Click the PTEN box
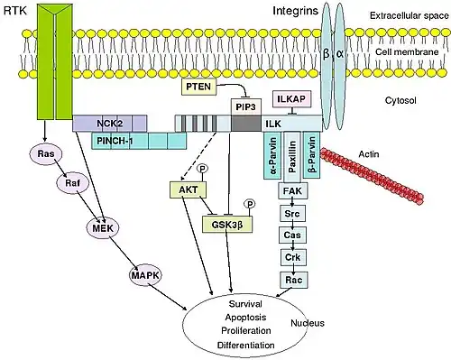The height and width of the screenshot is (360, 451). (198, 87)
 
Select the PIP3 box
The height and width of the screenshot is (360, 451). (246, 107)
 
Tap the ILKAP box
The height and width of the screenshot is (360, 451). (291, 98)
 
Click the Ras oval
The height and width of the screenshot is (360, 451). (46, 154)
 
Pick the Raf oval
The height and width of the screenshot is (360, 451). (73, 183)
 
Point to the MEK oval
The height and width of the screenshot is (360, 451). (103, 228)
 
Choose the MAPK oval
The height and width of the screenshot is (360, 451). (145, 275)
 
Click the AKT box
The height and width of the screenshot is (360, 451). (189, 189)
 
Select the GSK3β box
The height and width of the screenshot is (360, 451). (227, 224)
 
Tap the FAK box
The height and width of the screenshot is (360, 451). (293, 190)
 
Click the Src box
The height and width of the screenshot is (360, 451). (292, 214)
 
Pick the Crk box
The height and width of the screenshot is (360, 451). (293, 257)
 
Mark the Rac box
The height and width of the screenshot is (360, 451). (294, 280)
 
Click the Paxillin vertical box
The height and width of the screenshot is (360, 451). (292, 156)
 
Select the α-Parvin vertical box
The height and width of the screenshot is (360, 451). (272, 155)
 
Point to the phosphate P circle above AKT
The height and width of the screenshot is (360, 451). (202, 169)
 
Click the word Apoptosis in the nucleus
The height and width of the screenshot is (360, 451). (245, 318)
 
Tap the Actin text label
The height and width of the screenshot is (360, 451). (369, 154)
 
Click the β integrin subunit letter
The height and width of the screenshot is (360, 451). (326, 54)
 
